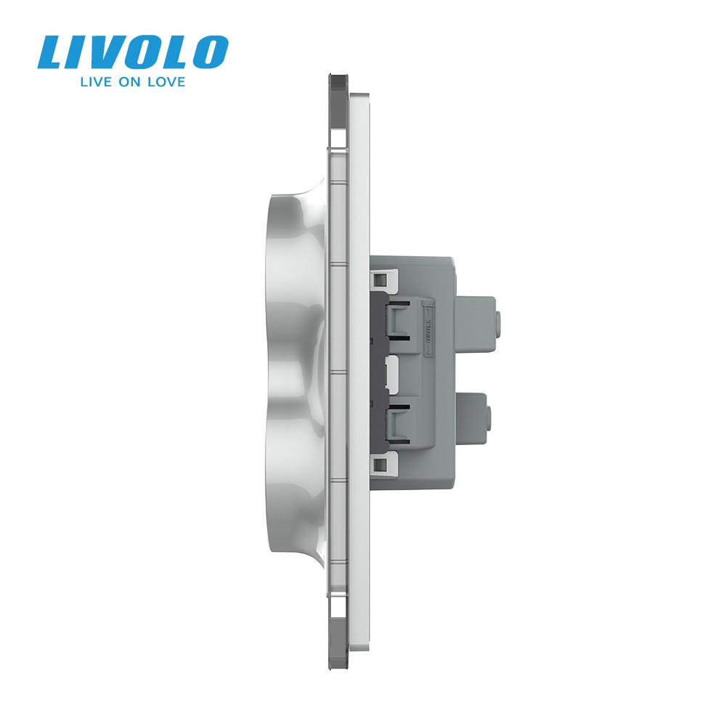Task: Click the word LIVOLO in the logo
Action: (x=133, y=52)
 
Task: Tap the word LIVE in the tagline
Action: (x=96, y=82)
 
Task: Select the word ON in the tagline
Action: (x=129, y=82)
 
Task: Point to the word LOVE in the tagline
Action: (x=166, y=82)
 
